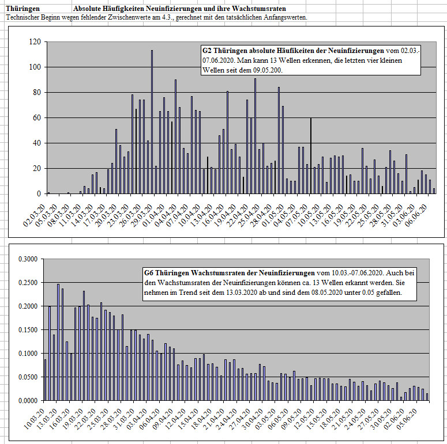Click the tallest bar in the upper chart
tap(152, 122)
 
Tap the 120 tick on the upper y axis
tap(35, 42)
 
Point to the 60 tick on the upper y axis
tap(37, 118)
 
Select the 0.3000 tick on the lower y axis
tap(28, 259)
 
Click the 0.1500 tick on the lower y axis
tap(28, 330)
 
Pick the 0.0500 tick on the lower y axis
tap(28, 377)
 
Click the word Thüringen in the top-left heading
tap(23, 9)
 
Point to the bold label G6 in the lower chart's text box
tap(149, 273)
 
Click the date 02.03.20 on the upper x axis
tap(34, 215)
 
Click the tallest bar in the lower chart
tap(58, 342)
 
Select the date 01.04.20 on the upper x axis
tap(153, 215)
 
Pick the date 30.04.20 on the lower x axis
tap(252, 419)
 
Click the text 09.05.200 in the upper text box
tap(268, 70)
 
